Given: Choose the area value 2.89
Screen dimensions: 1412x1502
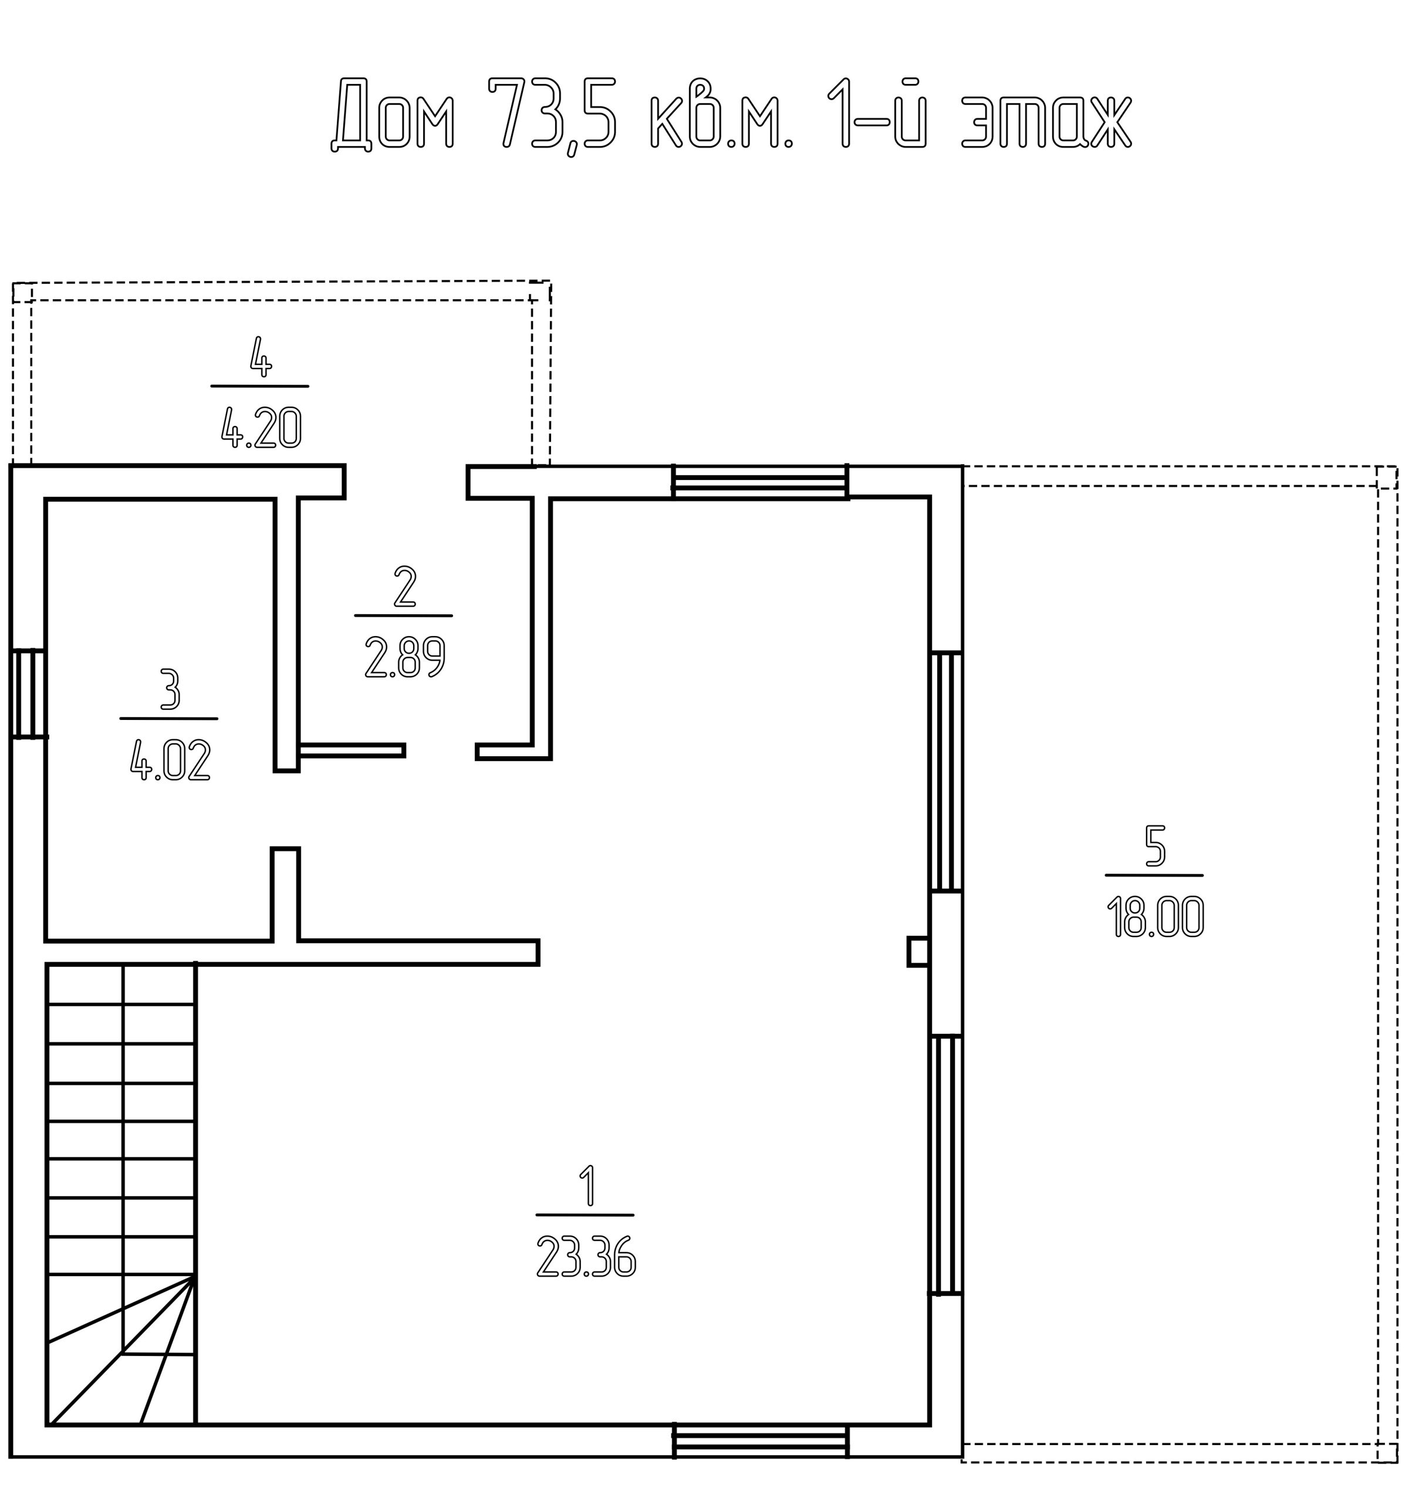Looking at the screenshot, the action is coord(405,657).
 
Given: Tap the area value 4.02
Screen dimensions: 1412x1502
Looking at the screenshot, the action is coord(170,759).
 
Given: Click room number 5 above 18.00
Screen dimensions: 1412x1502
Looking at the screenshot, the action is coord(1155,845).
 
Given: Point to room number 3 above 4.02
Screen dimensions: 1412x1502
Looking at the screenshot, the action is coord(170,689).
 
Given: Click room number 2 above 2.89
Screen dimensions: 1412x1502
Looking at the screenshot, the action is coord(405,586).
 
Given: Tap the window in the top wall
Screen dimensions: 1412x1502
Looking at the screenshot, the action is coord(759,482).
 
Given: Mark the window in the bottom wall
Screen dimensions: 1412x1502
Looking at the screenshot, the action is coord(761,1442).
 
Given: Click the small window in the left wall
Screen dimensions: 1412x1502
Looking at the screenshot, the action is coord(29,693).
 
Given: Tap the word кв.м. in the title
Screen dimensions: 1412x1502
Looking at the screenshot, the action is coord(722,113).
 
